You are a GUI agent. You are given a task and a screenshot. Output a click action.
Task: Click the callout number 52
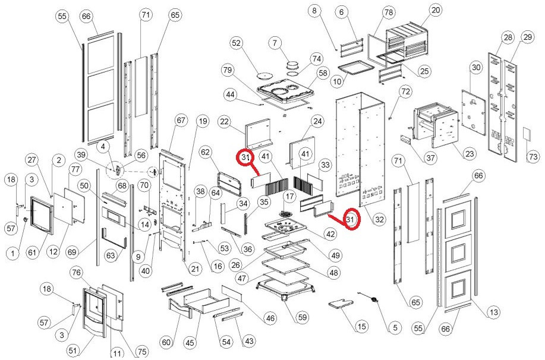[237, 43]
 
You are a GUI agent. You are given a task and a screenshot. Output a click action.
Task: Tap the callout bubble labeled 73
[533, 157]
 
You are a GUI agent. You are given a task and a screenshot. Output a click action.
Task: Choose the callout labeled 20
[436, 10]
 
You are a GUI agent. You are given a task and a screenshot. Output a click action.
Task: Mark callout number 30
[475, 68]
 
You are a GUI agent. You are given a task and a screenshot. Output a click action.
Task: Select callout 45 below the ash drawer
[190, 343]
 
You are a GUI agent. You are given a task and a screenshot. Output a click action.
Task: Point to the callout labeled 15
[361, 326]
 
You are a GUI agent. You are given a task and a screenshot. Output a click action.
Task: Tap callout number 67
[181, 121]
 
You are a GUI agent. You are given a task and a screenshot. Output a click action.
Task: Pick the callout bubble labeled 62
[206, 153]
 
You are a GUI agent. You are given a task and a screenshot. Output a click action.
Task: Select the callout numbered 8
[315, 10]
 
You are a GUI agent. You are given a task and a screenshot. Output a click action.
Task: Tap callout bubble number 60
[166, 343]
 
